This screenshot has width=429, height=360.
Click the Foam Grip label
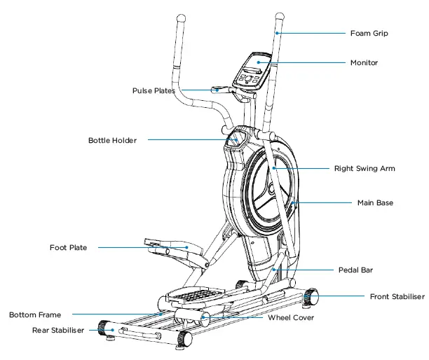point(369,33)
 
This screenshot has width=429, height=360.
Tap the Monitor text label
point(364,63)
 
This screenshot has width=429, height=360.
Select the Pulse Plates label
point(154,90)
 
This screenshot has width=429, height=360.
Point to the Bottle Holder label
point(112,140)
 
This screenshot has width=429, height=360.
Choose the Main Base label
point(375,203)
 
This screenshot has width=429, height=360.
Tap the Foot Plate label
point(69,247)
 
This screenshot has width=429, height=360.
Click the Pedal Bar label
point(355,269)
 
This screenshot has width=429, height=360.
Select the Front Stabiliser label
point(397,297)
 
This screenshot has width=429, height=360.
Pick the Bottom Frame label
point(35,315)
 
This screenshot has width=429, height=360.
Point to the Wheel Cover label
point(291,317)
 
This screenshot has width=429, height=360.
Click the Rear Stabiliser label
point(58,330)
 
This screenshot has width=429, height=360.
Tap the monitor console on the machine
point(253,70)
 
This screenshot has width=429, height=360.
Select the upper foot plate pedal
point(168,246)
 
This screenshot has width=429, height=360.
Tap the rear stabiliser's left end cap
point(105,328)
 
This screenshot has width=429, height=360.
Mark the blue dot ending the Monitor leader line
point(258,62)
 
